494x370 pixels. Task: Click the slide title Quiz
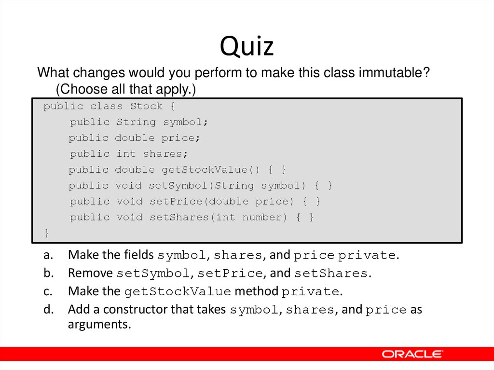[247, 47]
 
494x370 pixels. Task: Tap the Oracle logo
[412, 354]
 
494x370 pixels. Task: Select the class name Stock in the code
[146, 106]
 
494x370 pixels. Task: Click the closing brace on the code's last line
[47, 233]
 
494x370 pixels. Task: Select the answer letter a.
[47, 255]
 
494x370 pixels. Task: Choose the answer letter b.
[47, 273]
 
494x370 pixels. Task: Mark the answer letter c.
[47, 291]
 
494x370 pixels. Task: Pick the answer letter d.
[47, 309]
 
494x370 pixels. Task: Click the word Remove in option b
[90, 273]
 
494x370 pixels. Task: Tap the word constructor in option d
[136, 309]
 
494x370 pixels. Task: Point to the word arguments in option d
[99, 324]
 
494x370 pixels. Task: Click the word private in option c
[310, 291]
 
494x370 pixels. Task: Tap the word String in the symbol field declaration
[136, 122]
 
